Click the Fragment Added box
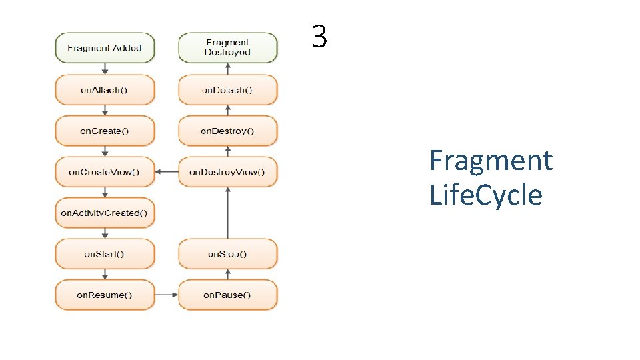pyautogui.click(x=105, y=48)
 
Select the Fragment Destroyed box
pyautogui.click(x=227, y=47)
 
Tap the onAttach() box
pyautogui.click(x=105, y=89)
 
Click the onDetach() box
pyautogui.click(x=227, y=89)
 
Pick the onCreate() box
pyautogui.click(x=105, y=131)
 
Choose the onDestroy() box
pyautogui.click(x=227, y=131)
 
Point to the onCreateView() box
pyautogui.click(x=105, y=172)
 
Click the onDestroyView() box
pyautogui.click(x=227, y=172)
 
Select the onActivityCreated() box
pyautogui.click(x=105, y=213)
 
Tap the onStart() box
pyautogui.click(x=105, y=254)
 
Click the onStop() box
pyautogui.click(x=227, y=254)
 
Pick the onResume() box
pyautogui.click(x=105, y=295)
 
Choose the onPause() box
pyautogui.click(x=227, y=295)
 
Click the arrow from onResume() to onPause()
pyautogui.click(x=167, y=295)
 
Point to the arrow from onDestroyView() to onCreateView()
pyautogui.click(x=167, y=172)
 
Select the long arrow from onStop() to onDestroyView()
pyautogui.click(x=227, y=213)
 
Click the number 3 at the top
pyautogui.click(x=319, y=37)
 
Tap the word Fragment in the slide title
pyautogui.click(x=491, y=161)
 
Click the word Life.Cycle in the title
pyautogui.click(x=486, y=195)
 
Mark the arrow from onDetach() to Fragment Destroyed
pyautogui.click(x=227, y=69)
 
